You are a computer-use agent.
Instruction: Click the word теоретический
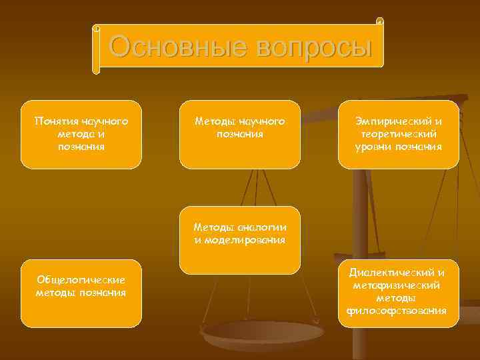click(x=399, y=134)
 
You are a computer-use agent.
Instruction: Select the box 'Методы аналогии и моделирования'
click(x=239, y=240)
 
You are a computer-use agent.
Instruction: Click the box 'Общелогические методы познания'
click(x=81, y=293)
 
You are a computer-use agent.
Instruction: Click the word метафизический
click(x=399, y=285)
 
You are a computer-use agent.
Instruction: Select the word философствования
click(x=399, y=311)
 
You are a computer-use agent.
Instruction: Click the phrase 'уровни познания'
click(x=399, y=147)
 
